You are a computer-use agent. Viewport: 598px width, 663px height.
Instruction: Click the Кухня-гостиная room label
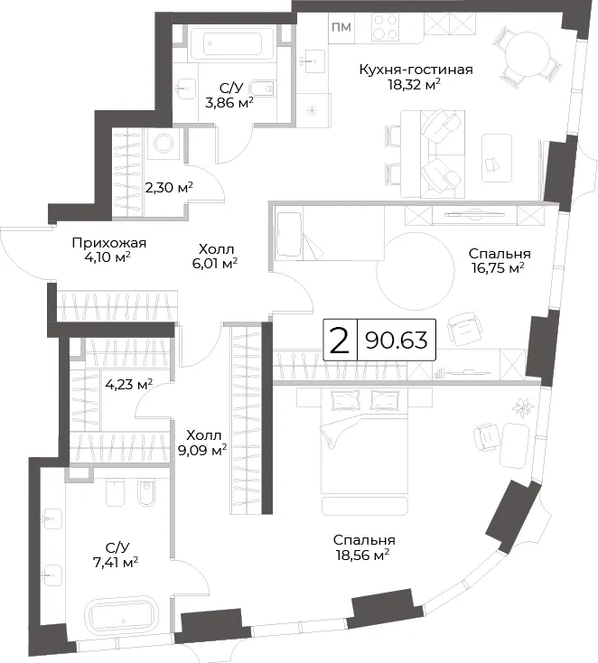416,70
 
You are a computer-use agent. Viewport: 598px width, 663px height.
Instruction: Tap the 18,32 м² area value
415,85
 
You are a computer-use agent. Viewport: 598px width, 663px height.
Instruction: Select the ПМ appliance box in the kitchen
341,27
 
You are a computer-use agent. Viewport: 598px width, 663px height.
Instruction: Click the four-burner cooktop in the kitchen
386,26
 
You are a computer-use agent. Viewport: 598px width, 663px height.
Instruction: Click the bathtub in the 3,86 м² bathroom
232,43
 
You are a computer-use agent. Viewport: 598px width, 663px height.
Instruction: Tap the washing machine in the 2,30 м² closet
163,144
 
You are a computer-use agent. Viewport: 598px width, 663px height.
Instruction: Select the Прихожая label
109,243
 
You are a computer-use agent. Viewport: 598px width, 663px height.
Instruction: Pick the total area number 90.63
397,340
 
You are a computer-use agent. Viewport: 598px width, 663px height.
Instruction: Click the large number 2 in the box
340,341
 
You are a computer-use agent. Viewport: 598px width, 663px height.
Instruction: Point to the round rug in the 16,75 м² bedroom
416,272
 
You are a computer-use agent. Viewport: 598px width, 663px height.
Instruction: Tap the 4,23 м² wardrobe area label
128,385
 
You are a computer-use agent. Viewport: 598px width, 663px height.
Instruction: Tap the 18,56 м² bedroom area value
362,556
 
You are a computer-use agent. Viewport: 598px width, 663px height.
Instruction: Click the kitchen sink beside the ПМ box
313,61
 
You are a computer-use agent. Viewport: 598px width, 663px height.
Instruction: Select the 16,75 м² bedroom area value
499,268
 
